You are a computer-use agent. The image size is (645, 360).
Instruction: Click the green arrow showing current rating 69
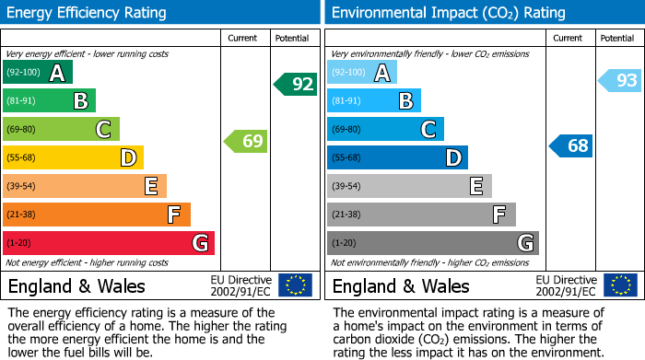pos(246,142)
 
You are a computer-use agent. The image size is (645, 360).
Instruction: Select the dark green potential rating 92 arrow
pos(296,85)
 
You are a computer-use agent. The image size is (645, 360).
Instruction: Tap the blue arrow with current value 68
pos(571,145)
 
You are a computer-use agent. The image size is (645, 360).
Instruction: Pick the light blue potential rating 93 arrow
pos(620,81)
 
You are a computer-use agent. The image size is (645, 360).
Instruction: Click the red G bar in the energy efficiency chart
pos(108,243)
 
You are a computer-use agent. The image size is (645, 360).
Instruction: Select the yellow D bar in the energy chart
pos(73,157)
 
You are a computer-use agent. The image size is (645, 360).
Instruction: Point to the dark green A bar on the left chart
pos(37,72)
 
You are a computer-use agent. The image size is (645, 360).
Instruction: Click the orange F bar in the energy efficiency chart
pos(96,215)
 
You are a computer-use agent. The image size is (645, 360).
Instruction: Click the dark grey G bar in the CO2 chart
pos(432,243)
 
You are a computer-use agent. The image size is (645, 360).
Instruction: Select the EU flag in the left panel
pos(295,285)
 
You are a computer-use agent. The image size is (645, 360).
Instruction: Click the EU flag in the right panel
pos(620,285)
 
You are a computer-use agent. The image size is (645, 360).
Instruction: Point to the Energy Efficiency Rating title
pos(88,13)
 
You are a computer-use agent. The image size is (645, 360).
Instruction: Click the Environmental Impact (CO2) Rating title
pos(448,13)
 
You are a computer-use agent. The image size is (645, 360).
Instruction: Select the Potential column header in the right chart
pos(616,38)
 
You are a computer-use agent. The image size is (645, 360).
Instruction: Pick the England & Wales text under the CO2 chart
pos(401,285)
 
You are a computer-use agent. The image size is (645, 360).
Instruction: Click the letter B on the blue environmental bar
pos(405,100)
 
